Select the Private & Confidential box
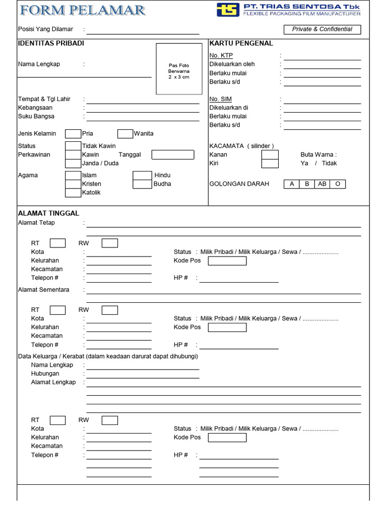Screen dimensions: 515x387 pyautogui.click(x=322, y=29)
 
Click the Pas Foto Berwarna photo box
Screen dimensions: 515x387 pyautogui.click(x=179, y=69)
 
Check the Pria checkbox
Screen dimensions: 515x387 pyautogui.click(x=73, y=134)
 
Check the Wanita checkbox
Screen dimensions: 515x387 pyautogui.click(x=125, y=134)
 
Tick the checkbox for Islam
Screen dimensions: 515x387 pyautogui.click(x=73, y=175)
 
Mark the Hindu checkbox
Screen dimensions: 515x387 pyautogui.click(x=142, y=175)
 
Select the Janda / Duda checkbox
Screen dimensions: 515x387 pyautogui.click(x=73, y=163)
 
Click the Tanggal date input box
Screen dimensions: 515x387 pyautogui.click(x=173, y=154)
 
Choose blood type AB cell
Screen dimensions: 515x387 pyautogui.click(x=322, y=184)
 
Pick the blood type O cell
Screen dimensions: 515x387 pyautogui.click(x=338, y=184)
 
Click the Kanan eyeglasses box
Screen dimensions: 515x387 pyautogui.click(x=270, y=154)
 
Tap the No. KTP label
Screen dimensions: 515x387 pyautogui.click(x=221, y=55)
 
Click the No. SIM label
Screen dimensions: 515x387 pyautogui.click(x=220, y=99)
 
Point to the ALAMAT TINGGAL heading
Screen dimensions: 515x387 pyautogui.click(x=48, y=213)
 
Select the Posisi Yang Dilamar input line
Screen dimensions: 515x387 pyautogui.click(x=143, y=30)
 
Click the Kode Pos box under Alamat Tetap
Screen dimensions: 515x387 pyautogui.click(x=227, y=261)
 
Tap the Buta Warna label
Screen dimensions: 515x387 pyautogui.click(x=318, y=154)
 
